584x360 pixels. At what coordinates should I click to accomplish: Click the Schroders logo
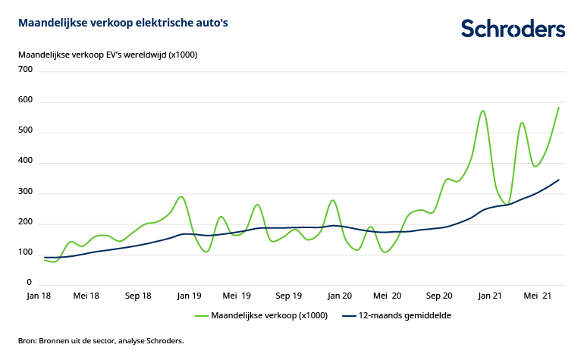coord(513,29)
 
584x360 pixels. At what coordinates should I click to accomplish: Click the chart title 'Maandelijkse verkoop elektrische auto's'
coord(123,23)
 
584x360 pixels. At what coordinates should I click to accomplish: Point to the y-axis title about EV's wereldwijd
coord(107,55)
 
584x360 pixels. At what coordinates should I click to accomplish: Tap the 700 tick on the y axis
coord(26,70)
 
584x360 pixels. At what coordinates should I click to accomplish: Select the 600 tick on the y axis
coord(26,101)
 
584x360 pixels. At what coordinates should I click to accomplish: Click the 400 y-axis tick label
coord(26,162)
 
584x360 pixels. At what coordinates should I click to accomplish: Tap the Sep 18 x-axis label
coord(137,296)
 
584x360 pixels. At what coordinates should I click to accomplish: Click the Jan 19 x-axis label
coord(188,296)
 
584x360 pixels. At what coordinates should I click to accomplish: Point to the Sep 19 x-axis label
coord(288,296)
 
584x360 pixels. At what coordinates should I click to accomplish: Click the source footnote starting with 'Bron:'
coord(101,341)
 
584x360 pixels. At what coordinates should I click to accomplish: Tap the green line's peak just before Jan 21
coord(482,111)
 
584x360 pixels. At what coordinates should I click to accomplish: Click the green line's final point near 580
coord(559,107)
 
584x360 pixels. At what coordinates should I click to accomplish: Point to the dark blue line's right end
coord(559,180)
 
